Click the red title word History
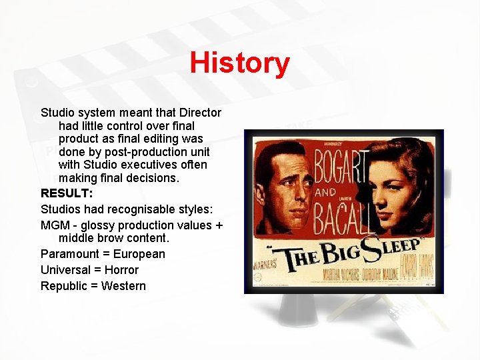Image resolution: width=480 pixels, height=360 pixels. [239, 63]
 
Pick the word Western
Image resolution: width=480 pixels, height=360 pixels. [123, 286]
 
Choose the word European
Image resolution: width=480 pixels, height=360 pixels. [139, 254]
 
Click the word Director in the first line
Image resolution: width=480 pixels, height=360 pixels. [197, 113]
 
